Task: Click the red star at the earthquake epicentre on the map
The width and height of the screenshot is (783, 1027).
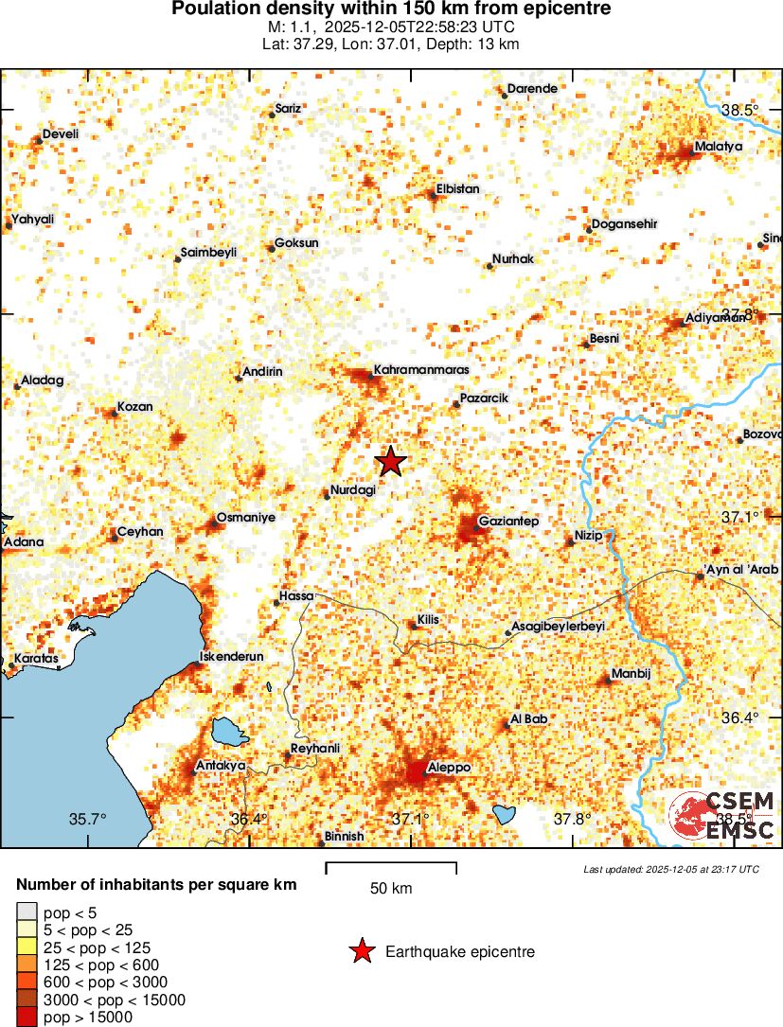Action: [x=391, y=461]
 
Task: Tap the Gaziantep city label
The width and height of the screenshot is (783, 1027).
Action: [x=508, y=522]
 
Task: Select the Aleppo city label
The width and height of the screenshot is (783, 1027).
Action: [x=449, y=768]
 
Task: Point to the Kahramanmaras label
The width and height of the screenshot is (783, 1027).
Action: [x=421, y=369]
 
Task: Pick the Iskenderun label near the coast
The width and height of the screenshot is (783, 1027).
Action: [x=232, y=656]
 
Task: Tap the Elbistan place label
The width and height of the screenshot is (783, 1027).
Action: [x=457, y=188]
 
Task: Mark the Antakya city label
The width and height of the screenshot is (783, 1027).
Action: [x=220, y=765]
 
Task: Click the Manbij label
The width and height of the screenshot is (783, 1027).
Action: [x=632, y=673]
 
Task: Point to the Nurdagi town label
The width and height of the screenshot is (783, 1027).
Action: [x=353, y=489]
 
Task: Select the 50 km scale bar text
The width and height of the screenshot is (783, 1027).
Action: [x=390, y=889]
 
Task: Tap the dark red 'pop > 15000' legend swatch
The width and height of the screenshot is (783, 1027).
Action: [x=26, y=1018]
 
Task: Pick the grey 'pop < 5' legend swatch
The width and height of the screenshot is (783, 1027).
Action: [x=26, y=912]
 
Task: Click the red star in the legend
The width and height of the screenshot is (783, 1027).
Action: [x=361, y=951]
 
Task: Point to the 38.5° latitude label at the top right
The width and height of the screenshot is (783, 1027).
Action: [x=739, y=111]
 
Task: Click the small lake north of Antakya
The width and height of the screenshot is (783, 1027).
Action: [x=226, y=731]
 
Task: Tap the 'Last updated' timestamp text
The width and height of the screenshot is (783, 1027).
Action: [x=670, y=869]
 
